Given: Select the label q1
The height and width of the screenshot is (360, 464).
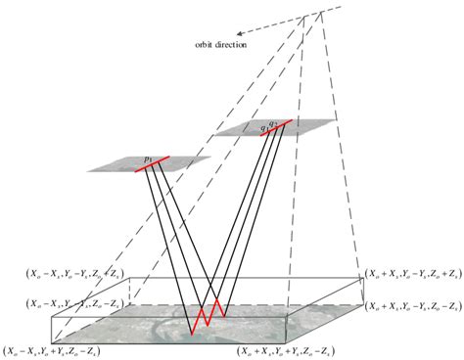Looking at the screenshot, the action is tap(262, 127).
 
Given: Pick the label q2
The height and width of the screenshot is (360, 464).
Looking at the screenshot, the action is tap(273, 122).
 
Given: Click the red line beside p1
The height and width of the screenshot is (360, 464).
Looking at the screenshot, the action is tap(152, 162).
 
